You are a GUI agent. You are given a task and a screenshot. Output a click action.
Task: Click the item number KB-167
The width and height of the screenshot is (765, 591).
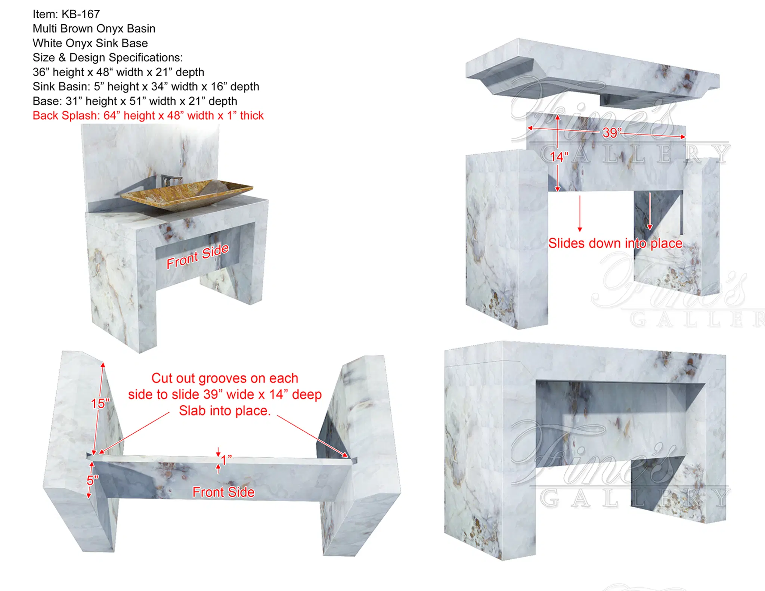81,14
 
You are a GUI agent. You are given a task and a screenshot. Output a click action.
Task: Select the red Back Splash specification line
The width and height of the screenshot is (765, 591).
148,115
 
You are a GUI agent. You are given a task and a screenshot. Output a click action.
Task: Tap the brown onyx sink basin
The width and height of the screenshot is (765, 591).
187,195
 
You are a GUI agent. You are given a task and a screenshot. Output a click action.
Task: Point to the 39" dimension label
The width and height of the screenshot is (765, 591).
611,133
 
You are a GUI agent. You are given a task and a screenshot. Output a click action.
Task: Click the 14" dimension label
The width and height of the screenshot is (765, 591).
559,157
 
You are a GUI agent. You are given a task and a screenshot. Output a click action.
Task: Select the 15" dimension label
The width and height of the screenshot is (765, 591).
100,403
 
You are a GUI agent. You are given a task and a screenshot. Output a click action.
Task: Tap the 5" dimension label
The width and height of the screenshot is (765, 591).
92,480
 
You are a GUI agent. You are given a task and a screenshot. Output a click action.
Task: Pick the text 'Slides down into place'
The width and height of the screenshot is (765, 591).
615,243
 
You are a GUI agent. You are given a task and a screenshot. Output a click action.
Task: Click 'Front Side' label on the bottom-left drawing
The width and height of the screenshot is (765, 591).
223,492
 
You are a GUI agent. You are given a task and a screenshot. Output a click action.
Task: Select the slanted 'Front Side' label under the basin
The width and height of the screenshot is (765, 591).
197,256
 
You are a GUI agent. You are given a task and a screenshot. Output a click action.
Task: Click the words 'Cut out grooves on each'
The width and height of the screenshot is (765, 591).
225,378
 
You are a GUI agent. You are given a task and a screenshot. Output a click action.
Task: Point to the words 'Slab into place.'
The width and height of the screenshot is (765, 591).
224,411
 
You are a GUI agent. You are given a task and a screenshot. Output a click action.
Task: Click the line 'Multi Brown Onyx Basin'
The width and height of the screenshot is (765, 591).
94,28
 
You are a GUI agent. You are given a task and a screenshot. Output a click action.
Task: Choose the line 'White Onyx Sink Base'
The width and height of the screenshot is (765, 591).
90,43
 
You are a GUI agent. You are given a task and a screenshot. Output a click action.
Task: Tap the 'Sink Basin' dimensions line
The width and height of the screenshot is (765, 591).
146,86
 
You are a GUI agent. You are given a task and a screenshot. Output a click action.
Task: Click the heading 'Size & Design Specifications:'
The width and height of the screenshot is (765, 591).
108,58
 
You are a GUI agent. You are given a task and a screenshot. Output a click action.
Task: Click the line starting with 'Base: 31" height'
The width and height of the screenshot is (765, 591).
135,101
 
